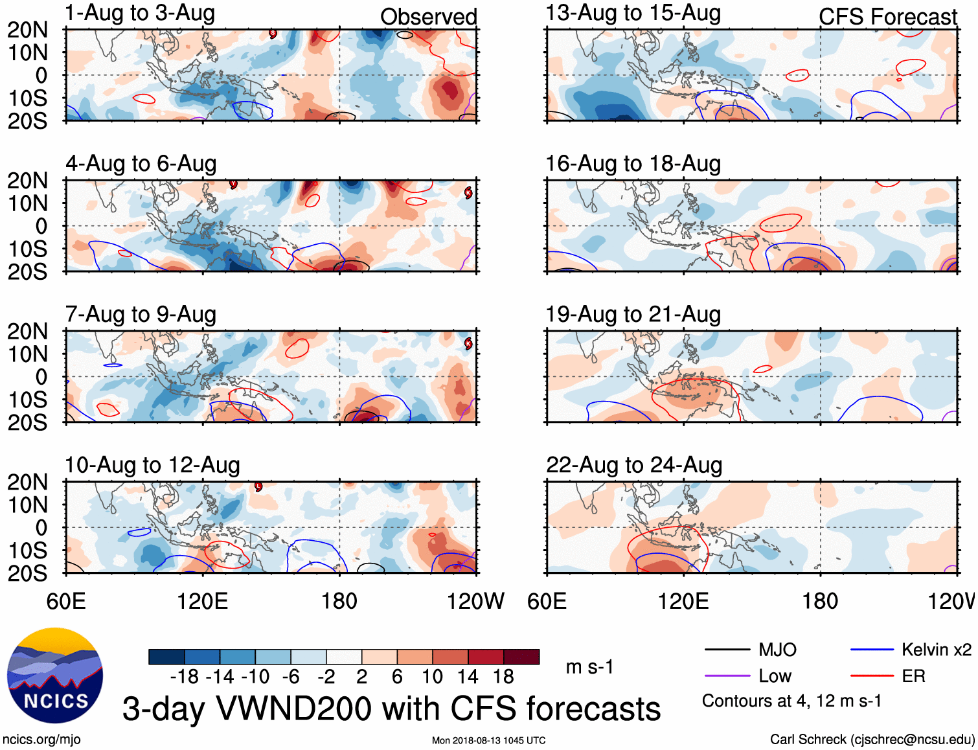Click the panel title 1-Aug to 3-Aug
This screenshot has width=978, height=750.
(x=140, y=14)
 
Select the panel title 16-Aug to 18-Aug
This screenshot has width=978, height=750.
(x=633, y=164)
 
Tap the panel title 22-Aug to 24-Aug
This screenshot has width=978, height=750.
(x=633, y=465)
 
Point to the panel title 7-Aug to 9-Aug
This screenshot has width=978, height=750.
(x=141, y=315)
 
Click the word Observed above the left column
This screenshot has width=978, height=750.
(x=428, y=17)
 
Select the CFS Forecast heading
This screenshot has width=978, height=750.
(x=887, y=17)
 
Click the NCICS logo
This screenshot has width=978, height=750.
(x=55, y=676)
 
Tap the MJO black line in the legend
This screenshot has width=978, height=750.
(x=727, y=650)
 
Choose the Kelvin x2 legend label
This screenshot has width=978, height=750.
(x=936, y=650)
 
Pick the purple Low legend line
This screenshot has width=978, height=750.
(x=727, y=676)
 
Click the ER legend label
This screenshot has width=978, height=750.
(x=913, y=676)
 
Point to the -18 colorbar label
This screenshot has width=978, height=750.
(x=185, y=677)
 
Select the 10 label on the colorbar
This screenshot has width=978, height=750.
(x=432, y=677)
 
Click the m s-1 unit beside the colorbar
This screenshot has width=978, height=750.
(x=589, y=667)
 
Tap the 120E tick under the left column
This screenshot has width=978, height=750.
(x=202, y=601)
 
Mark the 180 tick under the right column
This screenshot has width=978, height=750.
(x=820, y=601)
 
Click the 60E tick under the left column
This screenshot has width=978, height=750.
(x=66, y=601)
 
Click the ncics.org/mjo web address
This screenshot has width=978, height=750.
(x=41, y=740)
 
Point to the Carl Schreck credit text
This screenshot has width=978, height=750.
(x=872, y=740)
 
